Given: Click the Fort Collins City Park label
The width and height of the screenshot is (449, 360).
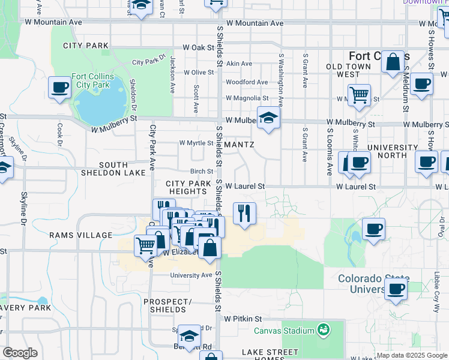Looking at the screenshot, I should pos(91,80).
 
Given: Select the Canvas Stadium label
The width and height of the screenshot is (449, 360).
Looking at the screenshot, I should pos(284,331).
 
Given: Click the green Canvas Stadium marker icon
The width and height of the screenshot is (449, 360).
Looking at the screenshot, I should pos(324,330).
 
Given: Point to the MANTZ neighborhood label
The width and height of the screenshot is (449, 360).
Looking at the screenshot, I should pos(240,145).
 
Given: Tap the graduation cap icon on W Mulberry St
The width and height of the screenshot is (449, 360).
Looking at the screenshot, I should pos(268,117).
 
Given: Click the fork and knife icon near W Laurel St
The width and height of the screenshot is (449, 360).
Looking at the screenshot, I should pos(244,213).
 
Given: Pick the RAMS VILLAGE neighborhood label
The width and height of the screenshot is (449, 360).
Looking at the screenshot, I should pos(81,235).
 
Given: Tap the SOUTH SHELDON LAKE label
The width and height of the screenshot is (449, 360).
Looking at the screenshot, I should pos(113,169).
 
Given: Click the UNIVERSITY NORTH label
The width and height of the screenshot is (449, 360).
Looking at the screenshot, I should pos(392,151).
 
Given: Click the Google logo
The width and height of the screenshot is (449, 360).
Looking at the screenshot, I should pos(20,353).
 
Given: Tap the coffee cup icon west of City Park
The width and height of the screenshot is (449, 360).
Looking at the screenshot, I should pos(60,87).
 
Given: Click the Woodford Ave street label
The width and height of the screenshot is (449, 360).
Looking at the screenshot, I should pos(246,82).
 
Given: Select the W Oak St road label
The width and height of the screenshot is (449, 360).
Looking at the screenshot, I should pos(198,47).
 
